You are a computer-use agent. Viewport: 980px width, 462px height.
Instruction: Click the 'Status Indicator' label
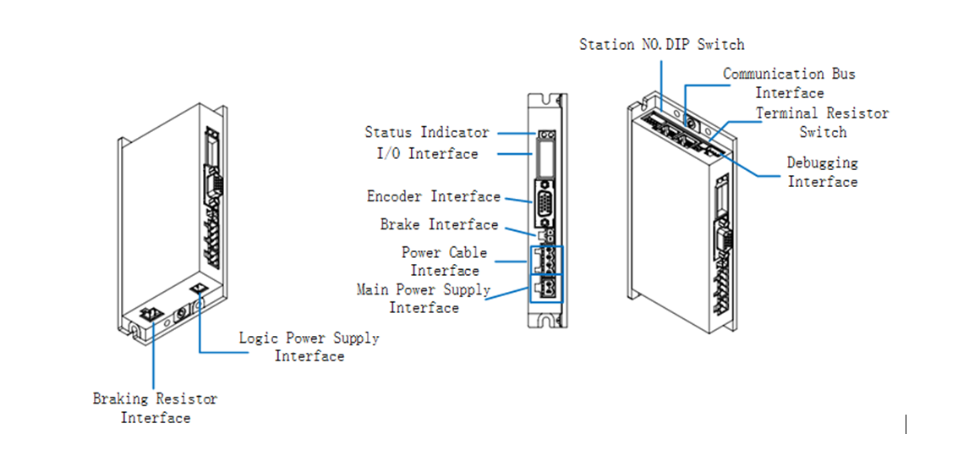426,133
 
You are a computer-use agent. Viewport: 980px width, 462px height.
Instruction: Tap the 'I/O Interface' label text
427,154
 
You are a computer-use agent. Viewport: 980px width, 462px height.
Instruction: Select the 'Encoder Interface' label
433,197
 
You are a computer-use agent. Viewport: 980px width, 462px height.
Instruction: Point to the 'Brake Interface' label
439,225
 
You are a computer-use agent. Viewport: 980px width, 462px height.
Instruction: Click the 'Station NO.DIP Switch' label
661,45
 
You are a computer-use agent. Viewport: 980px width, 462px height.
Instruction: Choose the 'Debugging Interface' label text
822,172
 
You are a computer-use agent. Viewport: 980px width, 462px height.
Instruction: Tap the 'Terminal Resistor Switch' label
822,123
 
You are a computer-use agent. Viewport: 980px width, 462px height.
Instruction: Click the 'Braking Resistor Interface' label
155,408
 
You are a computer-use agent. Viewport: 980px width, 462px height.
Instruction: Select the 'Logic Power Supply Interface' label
309,347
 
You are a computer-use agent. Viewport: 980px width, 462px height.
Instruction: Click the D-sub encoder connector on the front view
545,203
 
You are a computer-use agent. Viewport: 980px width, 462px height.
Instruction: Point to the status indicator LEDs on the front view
546,135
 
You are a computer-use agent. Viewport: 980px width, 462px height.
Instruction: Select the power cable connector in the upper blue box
546,258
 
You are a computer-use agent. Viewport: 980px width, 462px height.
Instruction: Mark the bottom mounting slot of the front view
546,320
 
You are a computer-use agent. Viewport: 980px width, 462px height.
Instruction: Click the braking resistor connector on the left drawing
152,314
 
